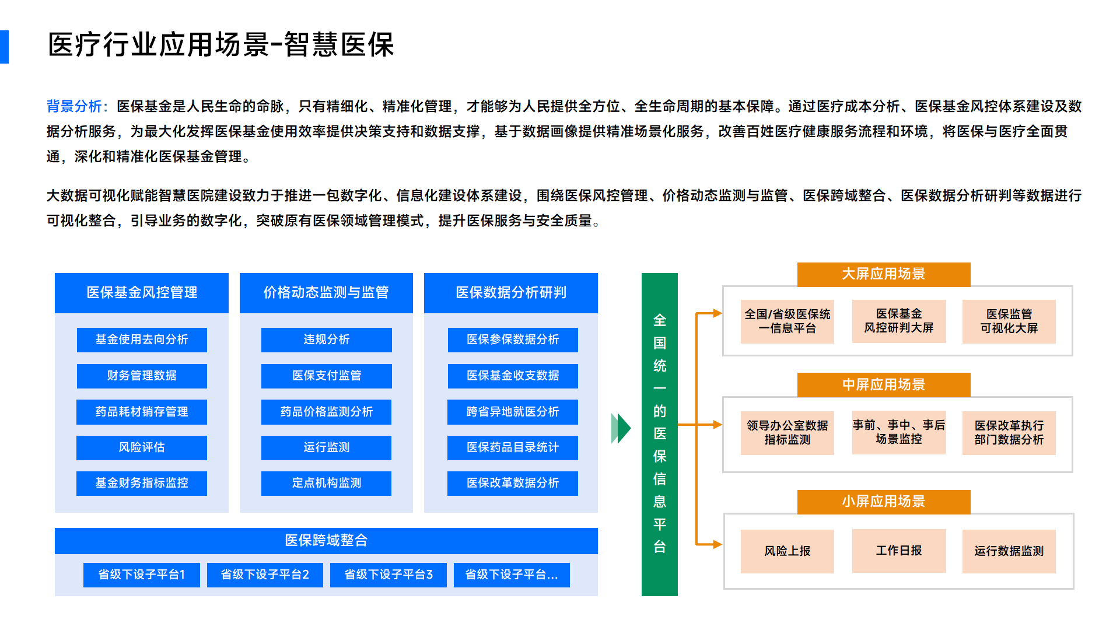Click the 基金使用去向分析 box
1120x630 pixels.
[x=142, y=339]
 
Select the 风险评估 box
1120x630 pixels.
[x=142, y=447]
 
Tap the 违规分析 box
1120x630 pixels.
[x=327, y=339]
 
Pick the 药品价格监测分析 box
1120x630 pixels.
[x=327, y=412]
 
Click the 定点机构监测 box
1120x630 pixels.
[x=327, y=483]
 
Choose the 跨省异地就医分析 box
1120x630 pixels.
[x=513, y=412]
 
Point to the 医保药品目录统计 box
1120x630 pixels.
[x=513, y=447]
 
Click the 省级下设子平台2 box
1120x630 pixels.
[x=265, y=575]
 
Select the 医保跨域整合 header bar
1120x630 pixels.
[x=326, y=541]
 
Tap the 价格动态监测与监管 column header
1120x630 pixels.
[x=326, y=293]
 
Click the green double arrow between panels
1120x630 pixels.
[x=621, y=428]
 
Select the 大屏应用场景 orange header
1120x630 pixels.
[x=884, y=274]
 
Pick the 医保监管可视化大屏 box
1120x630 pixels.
[x=1009, y=321]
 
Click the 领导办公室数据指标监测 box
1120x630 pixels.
[x=787, y=433]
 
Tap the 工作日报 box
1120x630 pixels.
[x=899, y=551]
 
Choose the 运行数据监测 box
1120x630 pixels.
[x=1009, y=551]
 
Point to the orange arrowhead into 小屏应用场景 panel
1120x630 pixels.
[x=718, y=544]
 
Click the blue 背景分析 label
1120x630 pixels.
[x=75, y=106]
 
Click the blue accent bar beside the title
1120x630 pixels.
[x=4, y=47]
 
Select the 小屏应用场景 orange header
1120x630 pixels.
[x=884, y=502]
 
